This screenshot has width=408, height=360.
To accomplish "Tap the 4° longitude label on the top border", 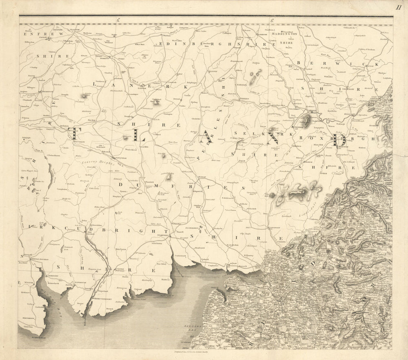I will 117,20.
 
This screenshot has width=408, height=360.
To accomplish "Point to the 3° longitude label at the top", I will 271,20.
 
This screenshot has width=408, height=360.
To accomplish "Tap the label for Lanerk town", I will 142,88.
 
